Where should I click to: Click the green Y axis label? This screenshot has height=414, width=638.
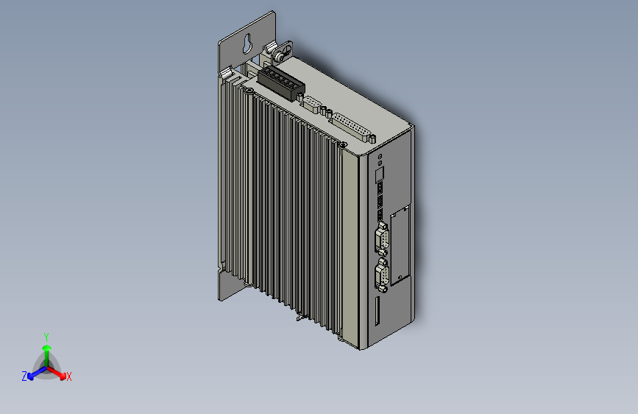pos(46,336)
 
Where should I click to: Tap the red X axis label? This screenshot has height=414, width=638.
pos(69,377)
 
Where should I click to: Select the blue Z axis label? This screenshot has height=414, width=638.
pos(24,376)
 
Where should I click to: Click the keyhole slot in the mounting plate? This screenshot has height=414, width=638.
pos(245,44)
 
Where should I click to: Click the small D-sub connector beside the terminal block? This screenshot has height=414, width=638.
pos(311,102)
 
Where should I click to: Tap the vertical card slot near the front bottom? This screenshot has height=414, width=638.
pos(378,312)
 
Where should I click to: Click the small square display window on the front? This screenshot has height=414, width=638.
pos(380,174)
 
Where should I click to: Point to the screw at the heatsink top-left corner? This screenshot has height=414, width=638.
pos(250,91)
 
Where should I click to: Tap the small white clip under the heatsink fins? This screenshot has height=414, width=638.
pos(299,317)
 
